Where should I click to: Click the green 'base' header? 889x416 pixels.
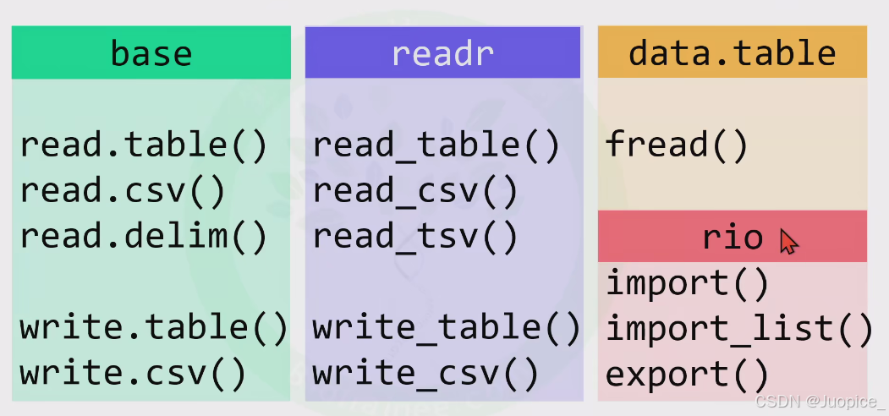tap(151, 53)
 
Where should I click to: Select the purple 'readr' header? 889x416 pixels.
tap(442, 53)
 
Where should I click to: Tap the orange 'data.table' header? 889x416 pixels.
tap(732, 53)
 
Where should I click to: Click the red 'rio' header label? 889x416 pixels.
tap(733, 238)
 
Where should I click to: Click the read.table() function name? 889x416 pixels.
tap(143, 146)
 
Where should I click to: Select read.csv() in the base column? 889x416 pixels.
tap(123, 191)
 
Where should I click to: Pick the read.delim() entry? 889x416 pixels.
tap(143, 236)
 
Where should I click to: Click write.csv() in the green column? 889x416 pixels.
tap(133, 372)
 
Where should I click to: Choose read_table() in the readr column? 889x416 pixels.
tap(436, 146)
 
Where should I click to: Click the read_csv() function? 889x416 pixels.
tap(415, 191)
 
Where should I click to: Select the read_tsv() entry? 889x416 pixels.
tap(415, 236)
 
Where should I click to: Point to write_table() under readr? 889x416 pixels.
tap(447, 327)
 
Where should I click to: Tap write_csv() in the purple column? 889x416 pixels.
tap(425, 372)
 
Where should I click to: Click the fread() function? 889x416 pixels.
tap(677, 146)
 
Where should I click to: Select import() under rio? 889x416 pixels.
tap(687, 283)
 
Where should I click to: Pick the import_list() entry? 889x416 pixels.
tap(738, 328)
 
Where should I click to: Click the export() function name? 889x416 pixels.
tap(687, 373)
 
